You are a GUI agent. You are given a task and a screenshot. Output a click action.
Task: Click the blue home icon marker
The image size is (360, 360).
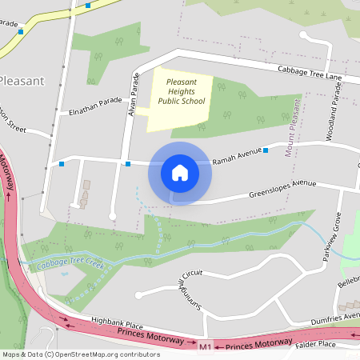click(x=180, y=173)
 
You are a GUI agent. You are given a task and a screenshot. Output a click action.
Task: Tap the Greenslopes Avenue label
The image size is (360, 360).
click(x=282, y=187)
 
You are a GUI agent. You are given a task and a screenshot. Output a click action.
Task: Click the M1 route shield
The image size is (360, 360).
click(x=206, y=346)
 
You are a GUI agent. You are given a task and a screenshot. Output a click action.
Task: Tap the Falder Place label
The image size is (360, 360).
click(x=339, y=342)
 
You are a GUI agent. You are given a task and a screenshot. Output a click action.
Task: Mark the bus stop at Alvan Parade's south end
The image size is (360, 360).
click(x=128, y=164)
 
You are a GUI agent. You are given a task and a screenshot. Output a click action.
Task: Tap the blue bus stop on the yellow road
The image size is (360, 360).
click(x=21, y=31)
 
